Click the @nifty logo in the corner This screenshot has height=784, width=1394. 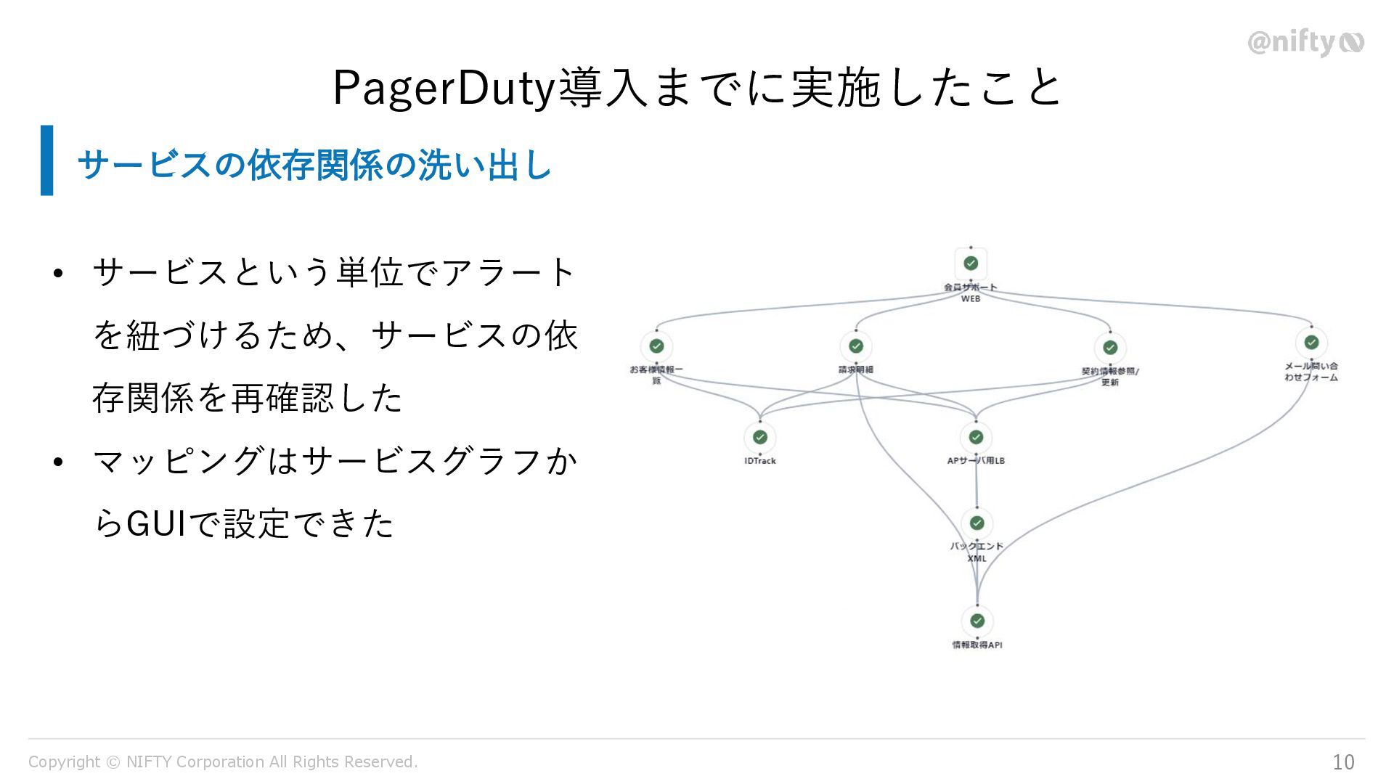coord(1305,44)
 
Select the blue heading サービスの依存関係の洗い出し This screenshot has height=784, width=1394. coord(314,165)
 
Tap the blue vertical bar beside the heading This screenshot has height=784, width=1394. coord(47,160)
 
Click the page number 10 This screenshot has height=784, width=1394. coord(1343,761)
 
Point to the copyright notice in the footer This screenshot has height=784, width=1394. coord(223,761)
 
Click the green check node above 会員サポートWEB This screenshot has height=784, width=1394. coord(971,264)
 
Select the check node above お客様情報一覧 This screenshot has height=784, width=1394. coord(656,346)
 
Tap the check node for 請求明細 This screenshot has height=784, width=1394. coord(856,346)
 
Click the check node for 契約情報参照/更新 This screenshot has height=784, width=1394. coord(1110,348)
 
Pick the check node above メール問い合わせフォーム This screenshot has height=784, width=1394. coord(1311,342)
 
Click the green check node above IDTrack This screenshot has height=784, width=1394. coord(760,437)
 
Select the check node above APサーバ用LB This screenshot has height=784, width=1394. coord(976,437)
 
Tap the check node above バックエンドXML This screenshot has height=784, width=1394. coord(977,523)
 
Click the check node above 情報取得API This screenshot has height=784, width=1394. coord(977,621)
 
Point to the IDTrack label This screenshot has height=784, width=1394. coord(760,461)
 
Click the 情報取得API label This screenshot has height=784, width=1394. coord(977,645)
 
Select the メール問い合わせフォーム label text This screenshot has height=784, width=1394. coord(1311,372)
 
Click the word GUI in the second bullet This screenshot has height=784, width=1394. coord(157,524)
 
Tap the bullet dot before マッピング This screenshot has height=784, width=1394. coord(59,462)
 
